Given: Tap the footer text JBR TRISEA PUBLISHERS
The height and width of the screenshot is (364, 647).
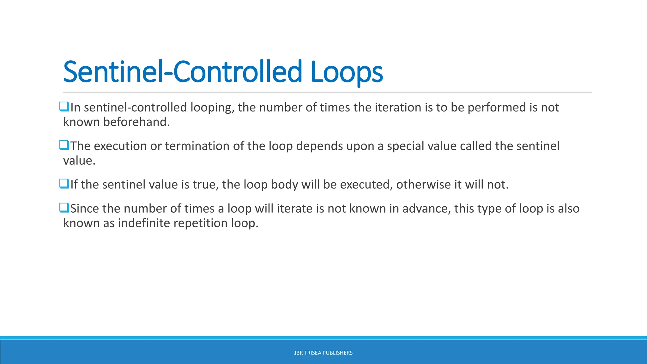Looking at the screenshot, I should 323,353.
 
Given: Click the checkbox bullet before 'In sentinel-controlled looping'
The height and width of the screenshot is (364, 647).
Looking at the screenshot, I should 64,106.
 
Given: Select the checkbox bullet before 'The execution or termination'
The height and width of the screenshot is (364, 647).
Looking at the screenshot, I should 64,145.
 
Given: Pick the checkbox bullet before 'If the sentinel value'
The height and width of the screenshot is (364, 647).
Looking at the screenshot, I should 64,184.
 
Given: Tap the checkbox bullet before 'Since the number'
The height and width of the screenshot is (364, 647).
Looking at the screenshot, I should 64,208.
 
